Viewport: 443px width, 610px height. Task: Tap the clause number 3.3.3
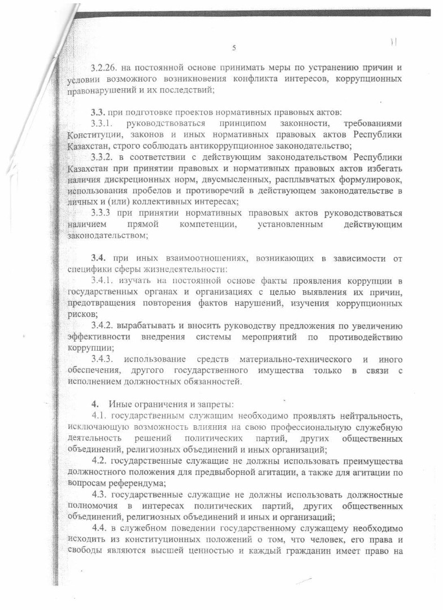tap(103, 213)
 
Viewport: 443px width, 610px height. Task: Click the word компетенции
tap(208, 225)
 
